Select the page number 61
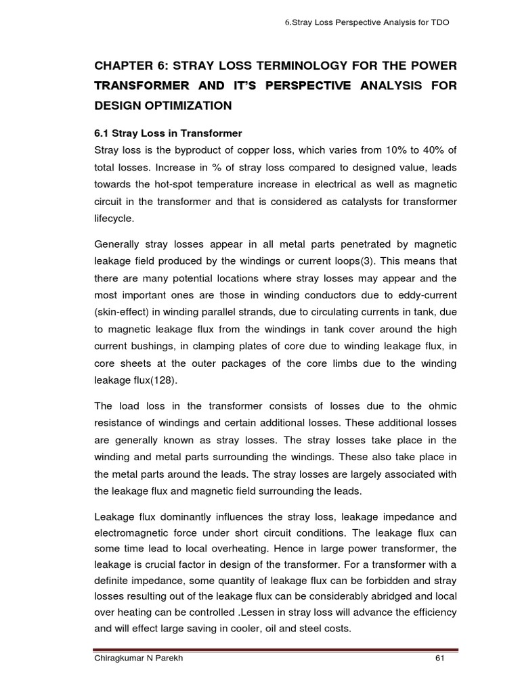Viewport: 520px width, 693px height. [x=439, y=658]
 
